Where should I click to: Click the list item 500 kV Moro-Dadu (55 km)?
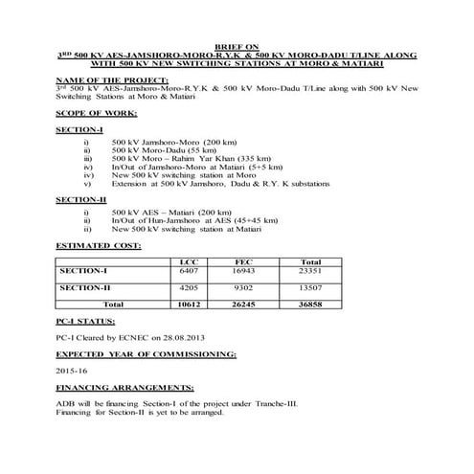coord(158,150)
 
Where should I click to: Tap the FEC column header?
coord(243,261)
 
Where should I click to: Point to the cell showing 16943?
coord(243,270)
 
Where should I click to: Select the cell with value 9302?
coord(243,286)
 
